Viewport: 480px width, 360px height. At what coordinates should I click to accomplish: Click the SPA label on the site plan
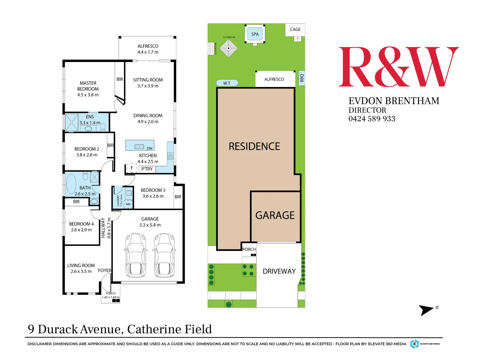click(x=255, y=34)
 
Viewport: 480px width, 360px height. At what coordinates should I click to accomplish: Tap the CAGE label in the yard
click(x=295, y=29)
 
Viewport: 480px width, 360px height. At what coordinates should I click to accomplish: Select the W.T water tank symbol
click(x=227, y=83)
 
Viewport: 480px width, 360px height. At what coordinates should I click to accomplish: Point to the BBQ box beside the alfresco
click(x=302, y=78)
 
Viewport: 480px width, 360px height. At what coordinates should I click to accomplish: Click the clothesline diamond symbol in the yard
click(x=229, y=48)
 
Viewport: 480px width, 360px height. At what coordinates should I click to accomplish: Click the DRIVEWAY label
click(x=279, y=271)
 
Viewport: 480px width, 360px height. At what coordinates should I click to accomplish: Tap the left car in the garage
click(x=136, y=255)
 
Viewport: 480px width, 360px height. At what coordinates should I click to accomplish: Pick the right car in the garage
click(x=164, y=255)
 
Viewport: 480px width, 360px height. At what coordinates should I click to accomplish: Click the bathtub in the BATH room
click(x=71, y=184)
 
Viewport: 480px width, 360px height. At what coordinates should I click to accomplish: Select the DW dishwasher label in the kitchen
click(x=149, y=148)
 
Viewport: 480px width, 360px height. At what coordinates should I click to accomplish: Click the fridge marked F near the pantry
click(x=132, y=168)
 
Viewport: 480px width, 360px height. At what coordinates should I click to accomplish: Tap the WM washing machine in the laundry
click(x=128, y=204)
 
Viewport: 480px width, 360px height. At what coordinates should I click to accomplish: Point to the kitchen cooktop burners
click(x=170, y=156)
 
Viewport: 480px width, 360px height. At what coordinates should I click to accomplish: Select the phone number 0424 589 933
click(x=372, y=119)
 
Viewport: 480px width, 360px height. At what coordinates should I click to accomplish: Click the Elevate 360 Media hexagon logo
click(x=414, y=344)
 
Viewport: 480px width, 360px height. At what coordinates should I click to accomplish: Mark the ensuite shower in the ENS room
click(x=72, y=122)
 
